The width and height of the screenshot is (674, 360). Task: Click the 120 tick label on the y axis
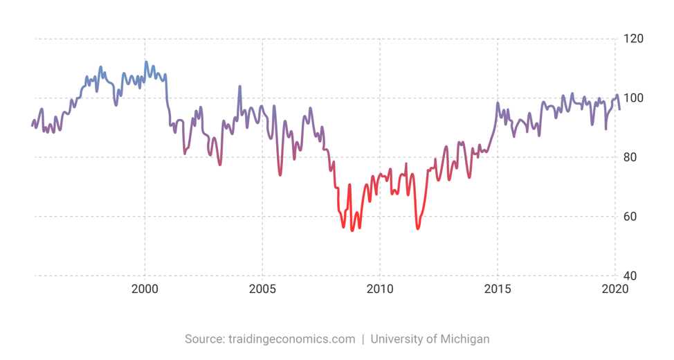pyautogui.click(x=635, y=39)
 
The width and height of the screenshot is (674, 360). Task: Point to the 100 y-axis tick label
pyautogui.click(x=635, y=98)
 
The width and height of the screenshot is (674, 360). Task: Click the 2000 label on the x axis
pyautogui.click(x=145, y=289)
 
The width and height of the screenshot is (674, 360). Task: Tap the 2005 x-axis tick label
pyautogui.click(x=262, y=289)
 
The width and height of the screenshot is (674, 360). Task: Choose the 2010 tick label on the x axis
pyautogui.click(x=380, y=289)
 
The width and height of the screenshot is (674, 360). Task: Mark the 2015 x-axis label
pyautogui.click(x=498, y=289)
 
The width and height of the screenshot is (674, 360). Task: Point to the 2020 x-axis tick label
pyautogui.click(x=614, y=289)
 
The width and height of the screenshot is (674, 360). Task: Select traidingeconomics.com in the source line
pyautogui.click(x=291, y=339)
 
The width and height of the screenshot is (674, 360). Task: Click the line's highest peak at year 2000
pyautogui.click(x=146, y=62)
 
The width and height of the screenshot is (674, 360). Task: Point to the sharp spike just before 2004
pyautogui.click(x=239, y=87)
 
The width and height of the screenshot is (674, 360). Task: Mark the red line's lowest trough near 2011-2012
pyautogui.click(x=417, y=228)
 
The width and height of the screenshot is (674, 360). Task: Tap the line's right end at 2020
pyautogui.click(x=619, y=109)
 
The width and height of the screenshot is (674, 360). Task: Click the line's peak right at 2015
pyautogui.click(x=498, y=103)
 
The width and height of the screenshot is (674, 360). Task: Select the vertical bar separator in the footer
pyautogui.click(x=363, y=339)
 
